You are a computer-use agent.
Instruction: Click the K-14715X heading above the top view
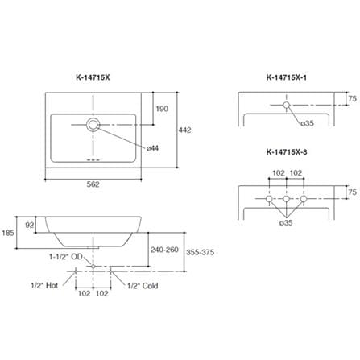click(x=93, y=77)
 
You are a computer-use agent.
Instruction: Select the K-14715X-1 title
click(x=287, y=77)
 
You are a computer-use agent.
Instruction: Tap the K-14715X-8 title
click(x=287, y=152)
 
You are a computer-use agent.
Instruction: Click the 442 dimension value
click(x=184, y=130)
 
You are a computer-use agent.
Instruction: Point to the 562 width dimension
click(x=93, y=184)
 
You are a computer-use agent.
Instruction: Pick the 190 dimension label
click(x=162, y=109)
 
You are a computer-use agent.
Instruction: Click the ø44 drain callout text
click(x=153, y=148)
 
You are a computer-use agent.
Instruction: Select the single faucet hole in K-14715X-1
click(x=287, y=105)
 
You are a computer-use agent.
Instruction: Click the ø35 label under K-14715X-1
click(x=307, y=123)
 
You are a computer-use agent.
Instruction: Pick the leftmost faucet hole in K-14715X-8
click(x=269, y=199)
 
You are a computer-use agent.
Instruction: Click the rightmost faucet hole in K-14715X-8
click(x=304, y=199)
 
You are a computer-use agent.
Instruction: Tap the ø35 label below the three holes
click(x=286, y=222)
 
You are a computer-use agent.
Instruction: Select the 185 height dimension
click(x=8, y=233)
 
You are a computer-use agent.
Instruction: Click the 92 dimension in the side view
click(x=30, y=225)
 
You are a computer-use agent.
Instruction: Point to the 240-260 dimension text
click(x=164, y=250)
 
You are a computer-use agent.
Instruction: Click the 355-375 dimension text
click(x=201, y=252)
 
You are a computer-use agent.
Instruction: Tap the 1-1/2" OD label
click(x=65, y=257)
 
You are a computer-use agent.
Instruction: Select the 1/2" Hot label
click(x=44, y=285)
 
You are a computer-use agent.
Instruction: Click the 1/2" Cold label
click(x=143, y=286)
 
